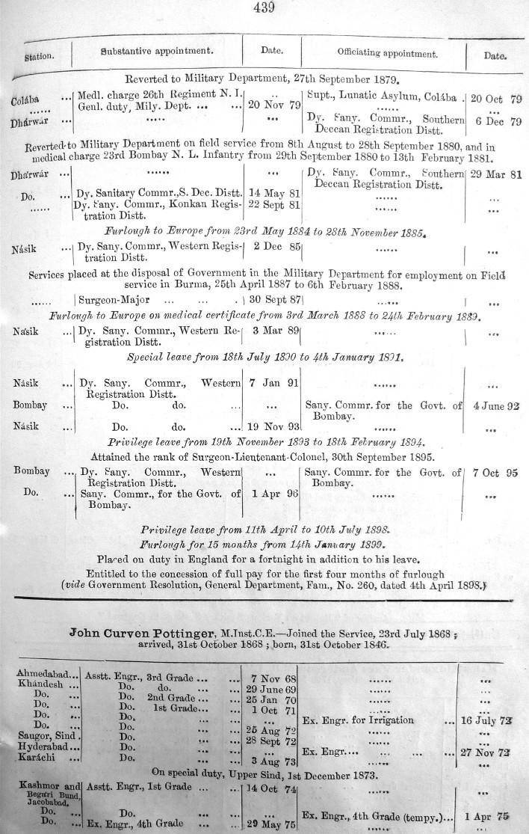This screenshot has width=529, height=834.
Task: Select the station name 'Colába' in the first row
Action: click(x=25, y=100)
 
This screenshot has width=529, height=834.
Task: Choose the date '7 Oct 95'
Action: click(x=496, y=473)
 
